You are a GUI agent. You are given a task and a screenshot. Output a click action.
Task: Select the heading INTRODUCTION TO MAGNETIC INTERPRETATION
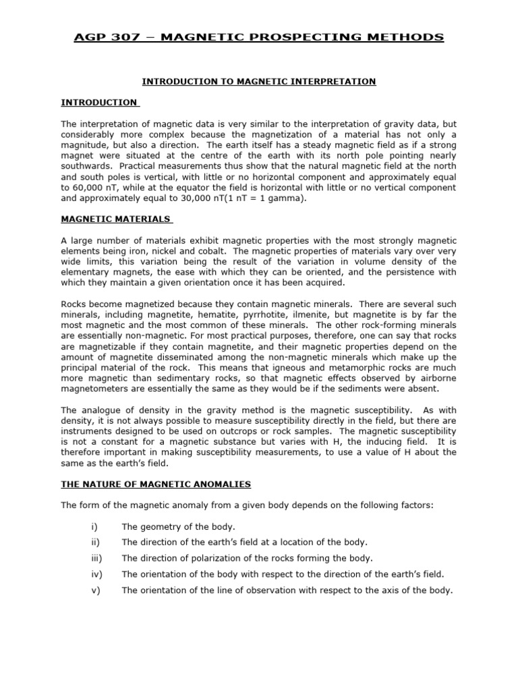[258, 82]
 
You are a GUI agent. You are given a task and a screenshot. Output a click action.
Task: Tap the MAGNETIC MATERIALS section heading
[116, 219]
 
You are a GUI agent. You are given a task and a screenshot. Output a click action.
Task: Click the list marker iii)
[95, 557]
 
